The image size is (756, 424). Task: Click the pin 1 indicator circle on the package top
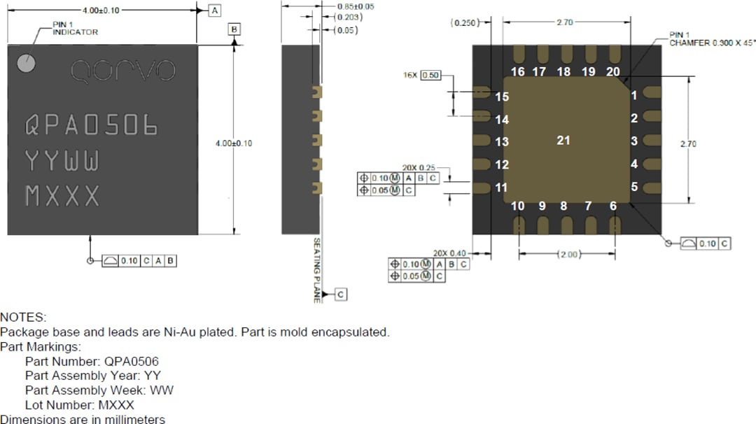(27, 64)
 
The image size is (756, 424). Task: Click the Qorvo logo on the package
(123, 70)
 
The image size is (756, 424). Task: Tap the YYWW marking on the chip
(62, 162)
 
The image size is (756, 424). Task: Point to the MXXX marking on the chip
(62, 197)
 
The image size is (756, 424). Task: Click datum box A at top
(215, 10)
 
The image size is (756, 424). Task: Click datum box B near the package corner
(234, 29)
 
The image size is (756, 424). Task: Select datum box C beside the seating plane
(341, 295)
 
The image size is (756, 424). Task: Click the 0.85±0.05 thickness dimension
(355, 6)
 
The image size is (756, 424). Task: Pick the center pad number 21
(563, 141)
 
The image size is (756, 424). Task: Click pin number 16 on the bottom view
(517, 71)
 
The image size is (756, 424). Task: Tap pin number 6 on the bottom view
(613, 206)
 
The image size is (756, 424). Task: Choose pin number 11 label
(501, 188)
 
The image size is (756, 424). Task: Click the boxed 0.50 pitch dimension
(431, 75)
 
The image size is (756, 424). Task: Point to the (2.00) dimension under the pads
(568, 255)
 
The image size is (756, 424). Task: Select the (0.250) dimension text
(465, 23)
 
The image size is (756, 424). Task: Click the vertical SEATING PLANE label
(316, 269)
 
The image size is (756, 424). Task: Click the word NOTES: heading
(23, 318)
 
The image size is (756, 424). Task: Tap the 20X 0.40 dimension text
(449, 253)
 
